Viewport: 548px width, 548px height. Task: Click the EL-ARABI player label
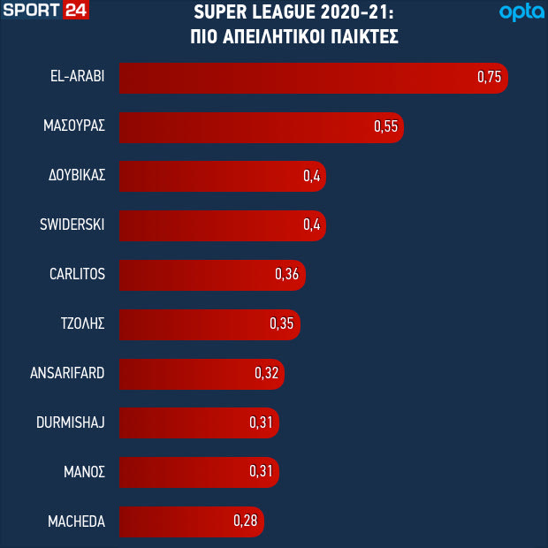pyautogui.click(x=78, y=77)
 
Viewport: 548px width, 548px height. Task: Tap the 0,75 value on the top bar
pyautogui.click(x=489, y=77)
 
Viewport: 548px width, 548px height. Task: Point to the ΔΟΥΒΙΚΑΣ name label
pyautogui.click(x=77, y=176)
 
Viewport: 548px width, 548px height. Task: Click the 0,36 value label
pyautogui.click(x=287, y=275)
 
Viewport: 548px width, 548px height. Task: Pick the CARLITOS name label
pyautogui.click(x=77, y=275)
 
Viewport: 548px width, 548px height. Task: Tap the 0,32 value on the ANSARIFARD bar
pyautogui.click(x=266, y=374)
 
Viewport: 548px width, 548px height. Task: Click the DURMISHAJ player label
pyautogui.click(x=72, y=423)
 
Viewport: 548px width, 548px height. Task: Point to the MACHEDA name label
pyautogui.click(x=76, y=522)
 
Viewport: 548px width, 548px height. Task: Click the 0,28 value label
pyautogui.click(x=245, y=522)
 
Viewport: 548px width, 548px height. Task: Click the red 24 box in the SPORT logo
pyautogui.click(x=75, y=11)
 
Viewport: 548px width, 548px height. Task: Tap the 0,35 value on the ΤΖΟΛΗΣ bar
pyautogui.click(x=281, y=324)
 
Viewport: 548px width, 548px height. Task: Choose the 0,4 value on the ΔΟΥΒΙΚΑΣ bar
pyautogui.click(x=311, y=176)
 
